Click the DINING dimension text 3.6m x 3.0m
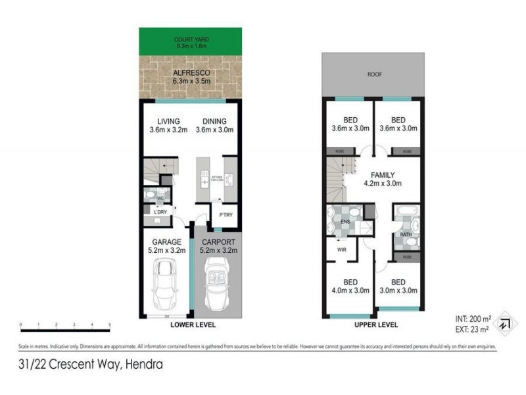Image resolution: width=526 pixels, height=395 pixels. coord(214,130)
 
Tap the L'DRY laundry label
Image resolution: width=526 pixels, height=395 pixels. coord(160,211)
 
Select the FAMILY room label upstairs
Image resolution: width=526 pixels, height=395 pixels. coord(382,174)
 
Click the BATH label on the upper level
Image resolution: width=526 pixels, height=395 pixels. coord(406,234)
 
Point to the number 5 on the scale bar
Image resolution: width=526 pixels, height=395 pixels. coord(109,325)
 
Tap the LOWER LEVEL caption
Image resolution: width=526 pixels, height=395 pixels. coord(193,325)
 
